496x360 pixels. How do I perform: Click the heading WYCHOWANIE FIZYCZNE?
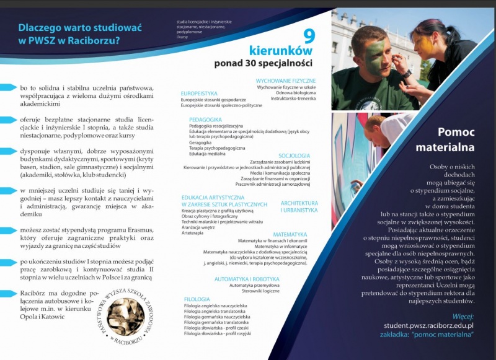pos(286,81)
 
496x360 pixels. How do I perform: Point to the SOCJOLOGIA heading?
pos(294,156)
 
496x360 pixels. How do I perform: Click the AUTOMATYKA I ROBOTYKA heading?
pos(247,279)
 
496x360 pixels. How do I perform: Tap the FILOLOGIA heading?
pos(197,299)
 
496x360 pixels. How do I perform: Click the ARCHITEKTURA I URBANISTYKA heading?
pos(299,206)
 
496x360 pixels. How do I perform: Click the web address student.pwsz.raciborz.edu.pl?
pos(428,325)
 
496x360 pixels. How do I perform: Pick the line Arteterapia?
pos(193,234)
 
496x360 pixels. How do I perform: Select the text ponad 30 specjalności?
pos(263,63)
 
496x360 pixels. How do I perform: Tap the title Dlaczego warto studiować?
pos(71,27)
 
